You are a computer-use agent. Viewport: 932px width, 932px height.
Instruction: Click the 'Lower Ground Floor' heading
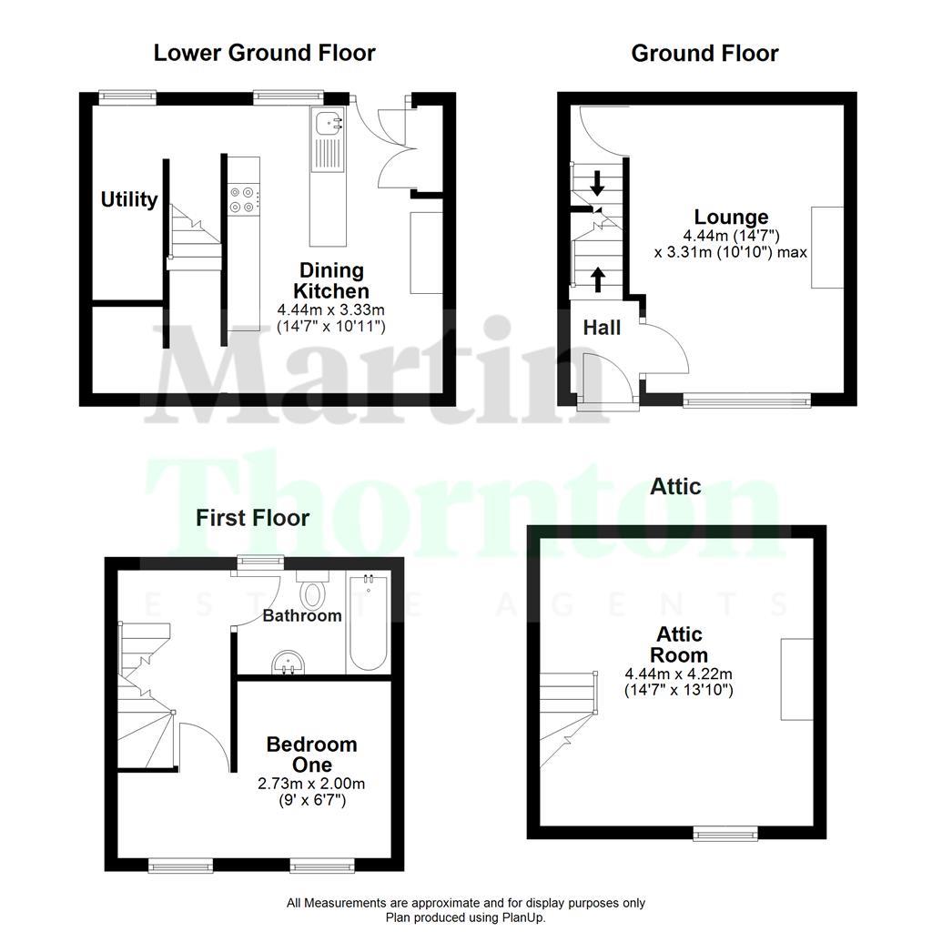click(x=264, y=53)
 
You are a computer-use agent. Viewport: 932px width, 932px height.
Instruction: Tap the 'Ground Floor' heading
click(x=704, y=54)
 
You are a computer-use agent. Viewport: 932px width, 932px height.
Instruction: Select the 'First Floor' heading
click(x=253, y=518)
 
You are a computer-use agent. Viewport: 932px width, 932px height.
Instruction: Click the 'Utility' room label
click(x=129, y=199)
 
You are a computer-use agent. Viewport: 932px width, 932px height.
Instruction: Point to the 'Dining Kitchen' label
click(x=332, y=280)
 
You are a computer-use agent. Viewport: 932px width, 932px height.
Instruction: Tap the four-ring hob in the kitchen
click(x=242, y=199)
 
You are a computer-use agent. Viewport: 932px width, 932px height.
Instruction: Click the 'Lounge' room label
click(x=731, y=218)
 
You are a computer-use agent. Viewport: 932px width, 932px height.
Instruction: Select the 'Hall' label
click(x=602, y=327)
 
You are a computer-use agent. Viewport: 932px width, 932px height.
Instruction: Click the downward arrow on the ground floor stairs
click(x=597, y=183)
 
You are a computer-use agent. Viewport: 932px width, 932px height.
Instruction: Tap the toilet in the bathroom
click(x=313, y=593)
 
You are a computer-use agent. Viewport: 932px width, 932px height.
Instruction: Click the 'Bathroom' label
click(x=302, y=616)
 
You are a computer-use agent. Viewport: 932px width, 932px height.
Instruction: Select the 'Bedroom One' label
click(x=311, y=755)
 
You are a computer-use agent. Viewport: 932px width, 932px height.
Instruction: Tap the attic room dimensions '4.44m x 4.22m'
click(x=678, y=674)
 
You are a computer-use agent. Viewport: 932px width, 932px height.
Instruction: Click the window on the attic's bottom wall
click(x=725, y=831)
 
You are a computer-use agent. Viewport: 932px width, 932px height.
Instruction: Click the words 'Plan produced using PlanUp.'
click(x=465, y=917)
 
